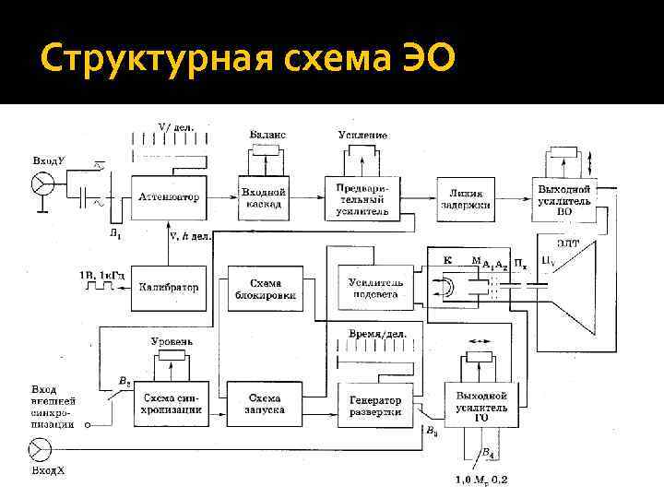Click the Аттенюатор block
(168, 196)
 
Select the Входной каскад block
(264, 196)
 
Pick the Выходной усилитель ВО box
(564, 197)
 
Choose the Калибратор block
(168, 287)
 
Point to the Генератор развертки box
(375, 405)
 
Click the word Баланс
(267, 135)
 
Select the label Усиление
(362, 135)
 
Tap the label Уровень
(171, 341)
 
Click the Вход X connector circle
(40, 450)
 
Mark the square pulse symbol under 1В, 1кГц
(97, 287)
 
